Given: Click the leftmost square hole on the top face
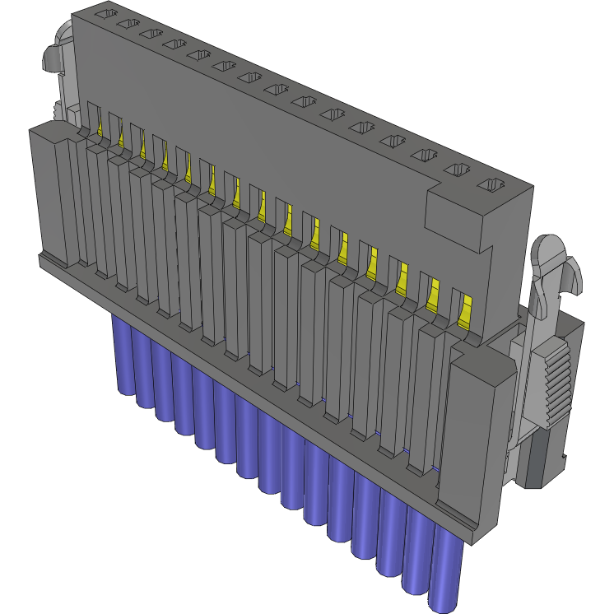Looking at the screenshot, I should tap(102, 14).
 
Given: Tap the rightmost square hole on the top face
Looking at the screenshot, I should tap(491, 184).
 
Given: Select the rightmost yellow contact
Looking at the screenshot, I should tap(464, 310).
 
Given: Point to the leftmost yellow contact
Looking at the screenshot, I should tap(103, 123).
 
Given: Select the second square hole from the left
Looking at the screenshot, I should tap(126, 25).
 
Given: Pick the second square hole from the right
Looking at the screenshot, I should tap(458, 170).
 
